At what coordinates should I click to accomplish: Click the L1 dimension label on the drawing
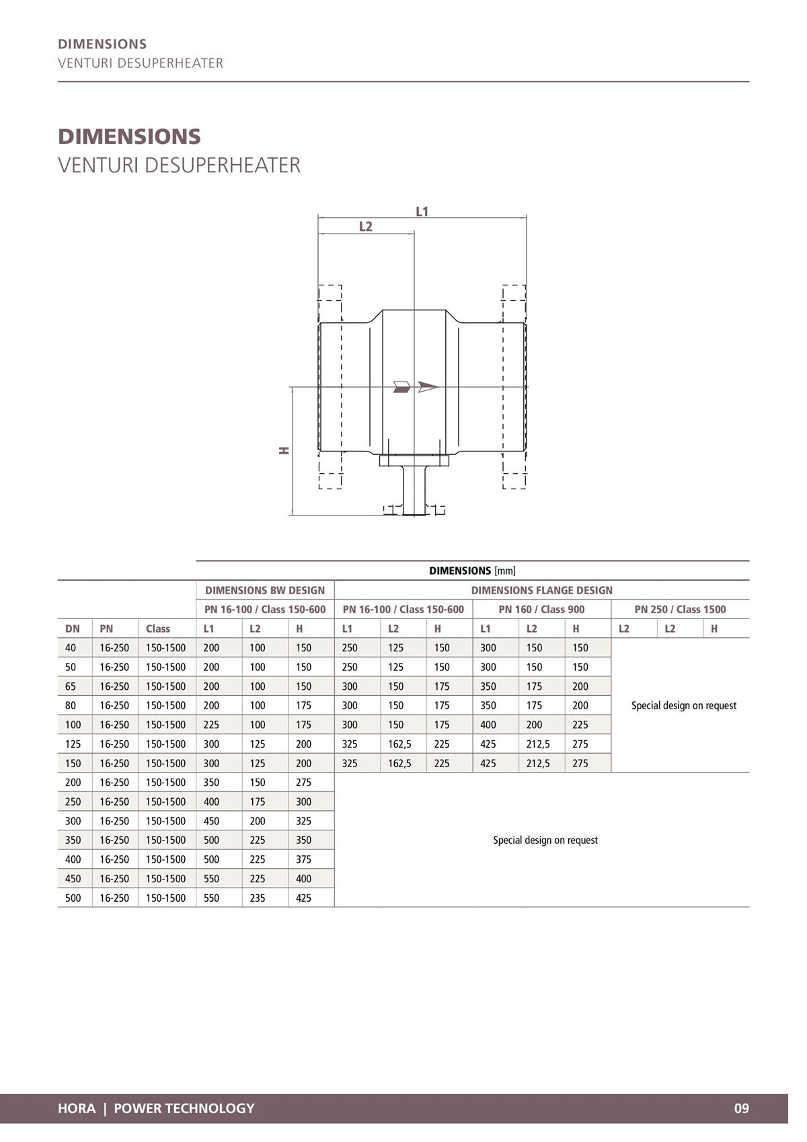422,212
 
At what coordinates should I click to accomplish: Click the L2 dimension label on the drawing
365,227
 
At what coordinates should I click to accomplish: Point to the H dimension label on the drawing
284,450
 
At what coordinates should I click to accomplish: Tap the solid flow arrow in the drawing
401,386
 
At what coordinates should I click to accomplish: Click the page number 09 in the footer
741,1108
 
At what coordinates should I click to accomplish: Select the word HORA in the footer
77,1108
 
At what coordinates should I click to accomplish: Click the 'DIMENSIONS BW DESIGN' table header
265,590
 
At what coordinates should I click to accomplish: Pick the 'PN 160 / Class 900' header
541,609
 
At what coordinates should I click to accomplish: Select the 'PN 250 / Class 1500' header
680,609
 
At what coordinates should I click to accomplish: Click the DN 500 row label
73,898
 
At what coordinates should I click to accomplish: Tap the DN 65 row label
71,686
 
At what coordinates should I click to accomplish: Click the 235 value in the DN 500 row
258,898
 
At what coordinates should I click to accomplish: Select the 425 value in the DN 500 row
303,898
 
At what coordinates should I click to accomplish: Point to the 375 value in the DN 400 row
303,859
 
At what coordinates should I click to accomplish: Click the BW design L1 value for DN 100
211,725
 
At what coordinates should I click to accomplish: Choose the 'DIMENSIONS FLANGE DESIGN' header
541,590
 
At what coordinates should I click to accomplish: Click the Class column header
158,629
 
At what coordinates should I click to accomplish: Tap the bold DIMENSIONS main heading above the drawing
129,137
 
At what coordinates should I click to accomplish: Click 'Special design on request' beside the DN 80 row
683,705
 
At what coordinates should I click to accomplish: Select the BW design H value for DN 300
303,821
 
